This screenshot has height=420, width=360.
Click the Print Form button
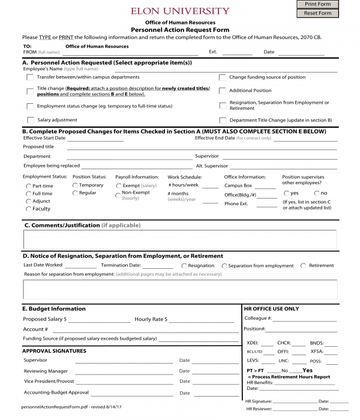pyautogui.click(x=317, y=4)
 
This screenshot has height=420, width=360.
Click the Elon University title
pyautogui.click(x=180, y=11)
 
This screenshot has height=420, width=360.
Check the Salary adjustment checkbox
pyautogui.click(x=30, y=120)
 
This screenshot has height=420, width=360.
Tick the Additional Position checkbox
pyautogui.click(x=222, y=91)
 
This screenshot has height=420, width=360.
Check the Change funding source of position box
pyautogui.click(x=222, y=77)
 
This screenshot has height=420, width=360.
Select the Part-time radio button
pyautogui.click(x=28, y=187)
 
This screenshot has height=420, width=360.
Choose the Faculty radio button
pyautogui.click(x=28, y=209)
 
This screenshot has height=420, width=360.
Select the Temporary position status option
pyautogui.click(x=75, y=185)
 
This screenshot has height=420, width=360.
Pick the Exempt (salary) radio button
pyautogui.click(x=118, y=186)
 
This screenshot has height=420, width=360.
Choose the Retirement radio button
pyautogui.click(x=304, y=265)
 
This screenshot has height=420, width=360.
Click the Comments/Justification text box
pyautogui.click(x=180, y=239)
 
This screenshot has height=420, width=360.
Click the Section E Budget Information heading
pyautogui.click(x=54, y=308)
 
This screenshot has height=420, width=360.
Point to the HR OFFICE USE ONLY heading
pyautogui.click(x=272, y=308)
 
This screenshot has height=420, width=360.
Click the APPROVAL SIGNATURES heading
pyautogui.click(x=54, y=351)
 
